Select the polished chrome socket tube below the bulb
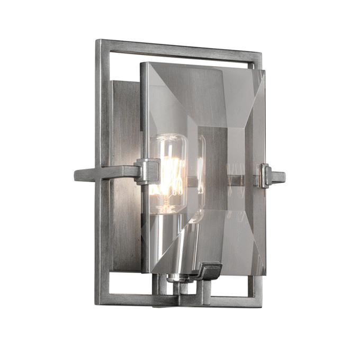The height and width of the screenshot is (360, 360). (185, 249)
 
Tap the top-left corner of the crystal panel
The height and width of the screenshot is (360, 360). (142, 64)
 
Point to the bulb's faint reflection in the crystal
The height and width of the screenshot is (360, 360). (200, 175)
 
